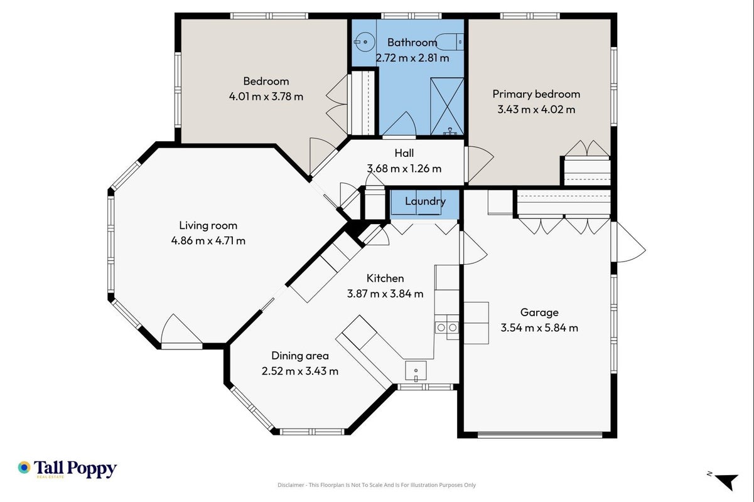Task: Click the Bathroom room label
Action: pyautogui.click(x=412, y=43)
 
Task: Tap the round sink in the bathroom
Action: pyautogui.click(x=365, y=42)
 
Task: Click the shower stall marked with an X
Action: pyautogui.click(x=447, y=106)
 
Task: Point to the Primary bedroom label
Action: pyautogui.click(x=536, y=94)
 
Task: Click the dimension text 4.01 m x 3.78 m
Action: pyautogui.click(x=266, y=97)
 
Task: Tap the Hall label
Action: pyautogui.click(x=404, y=153)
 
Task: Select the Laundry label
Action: pyautogui.click(x=425, y=201)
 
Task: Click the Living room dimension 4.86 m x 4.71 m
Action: pyautogui.click(x=208, y=241)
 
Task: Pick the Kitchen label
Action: pyautogui.click(x=385, y=278)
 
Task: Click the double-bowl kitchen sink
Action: pyautogui.click(x=446, y=327)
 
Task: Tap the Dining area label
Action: pyautogui.click(x=300, y=356)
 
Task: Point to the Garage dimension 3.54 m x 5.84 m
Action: pyautogui.click(x=539, y=328)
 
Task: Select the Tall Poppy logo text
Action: pyautogui.click(x=75, y=469)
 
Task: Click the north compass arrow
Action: pyautogui.click(x=728, y=482)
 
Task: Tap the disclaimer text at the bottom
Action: pyautogui.click(x=376, y=485)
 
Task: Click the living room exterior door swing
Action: pyautogui.click(x=181, y=329)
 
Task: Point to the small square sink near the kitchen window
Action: pyautogui.click(x=416, y=371)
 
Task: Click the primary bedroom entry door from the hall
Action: pyautogui.click(x=479, y=164)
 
